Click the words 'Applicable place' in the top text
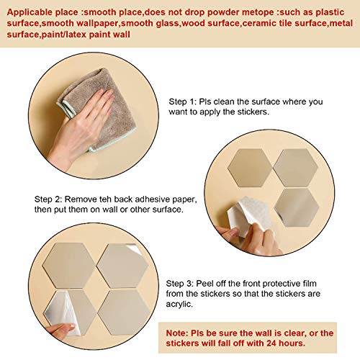click(42, 12)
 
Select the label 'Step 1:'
click(183, 102)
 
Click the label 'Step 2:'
click(48, 199)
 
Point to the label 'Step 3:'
click(180, 284)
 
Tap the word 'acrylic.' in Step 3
click(179, 304)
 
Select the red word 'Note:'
click(177, 333)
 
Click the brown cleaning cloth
click(101, 108)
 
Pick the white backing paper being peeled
click(250, 215)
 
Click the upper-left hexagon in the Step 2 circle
click(250, 168)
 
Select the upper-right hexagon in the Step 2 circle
click(296, 168)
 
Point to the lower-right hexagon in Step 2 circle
click(297, 207)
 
